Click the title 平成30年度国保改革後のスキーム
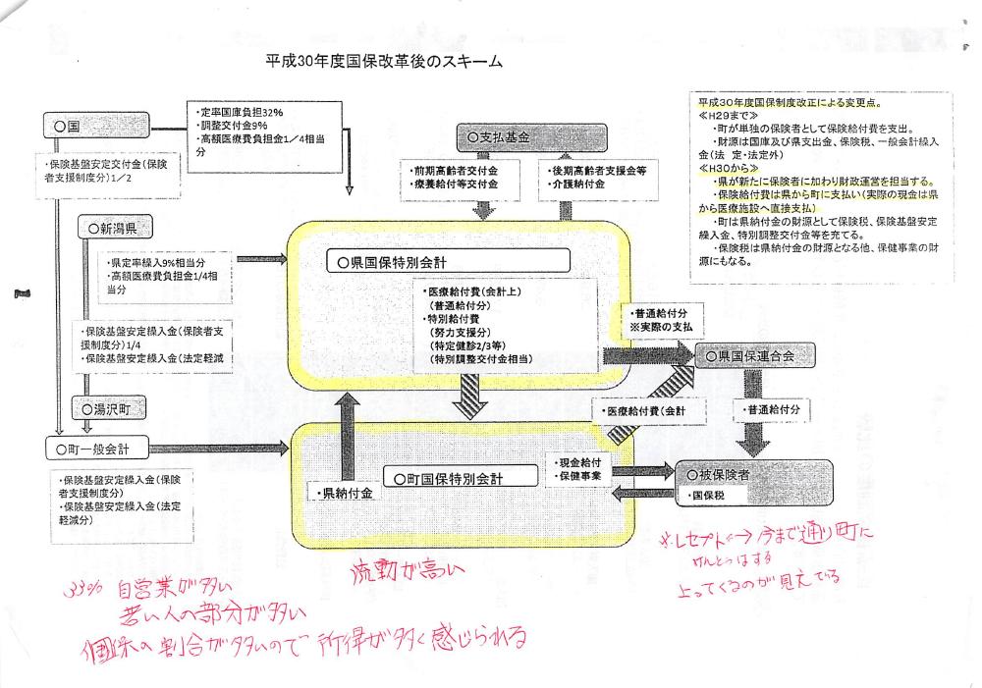click(x=377, y=62)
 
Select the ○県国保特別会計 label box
click(x=448, y=262)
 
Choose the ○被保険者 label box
click(x=751, y=474)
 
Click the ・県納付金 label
click(x=345, y=494)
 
